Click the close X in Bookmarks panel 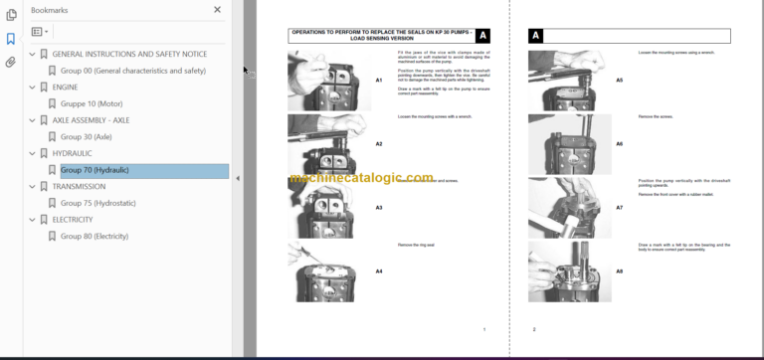[218, 10]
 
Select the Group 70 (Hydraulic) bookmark [94, 170]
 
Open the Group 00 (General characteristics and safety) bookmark [132, 71]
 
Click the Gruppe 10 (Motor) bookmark [93, 103]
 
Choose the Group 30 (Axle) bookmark [86, 136]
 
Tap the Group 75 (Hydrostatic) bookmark [97, 203]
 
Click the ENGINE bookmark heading [65, 87]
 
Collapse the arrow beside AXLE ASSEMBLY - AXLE [32, 120]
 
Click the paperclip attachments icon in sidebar [11, 62]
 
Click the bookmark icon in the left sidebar [11, 39]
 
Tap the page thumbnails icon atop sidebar [11, 16]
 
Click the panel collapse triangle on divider [237, 179]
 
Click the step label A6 [619, 144]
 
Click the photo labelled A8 [563, 270]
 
